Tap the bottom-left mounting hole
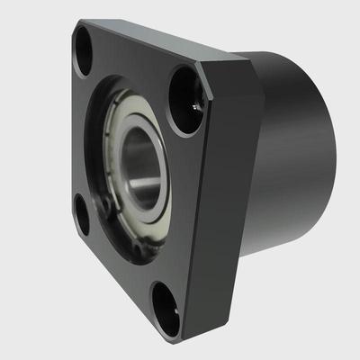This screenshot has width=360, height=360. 81,216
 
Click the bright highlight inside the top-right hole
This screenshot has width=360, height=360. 195,107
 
